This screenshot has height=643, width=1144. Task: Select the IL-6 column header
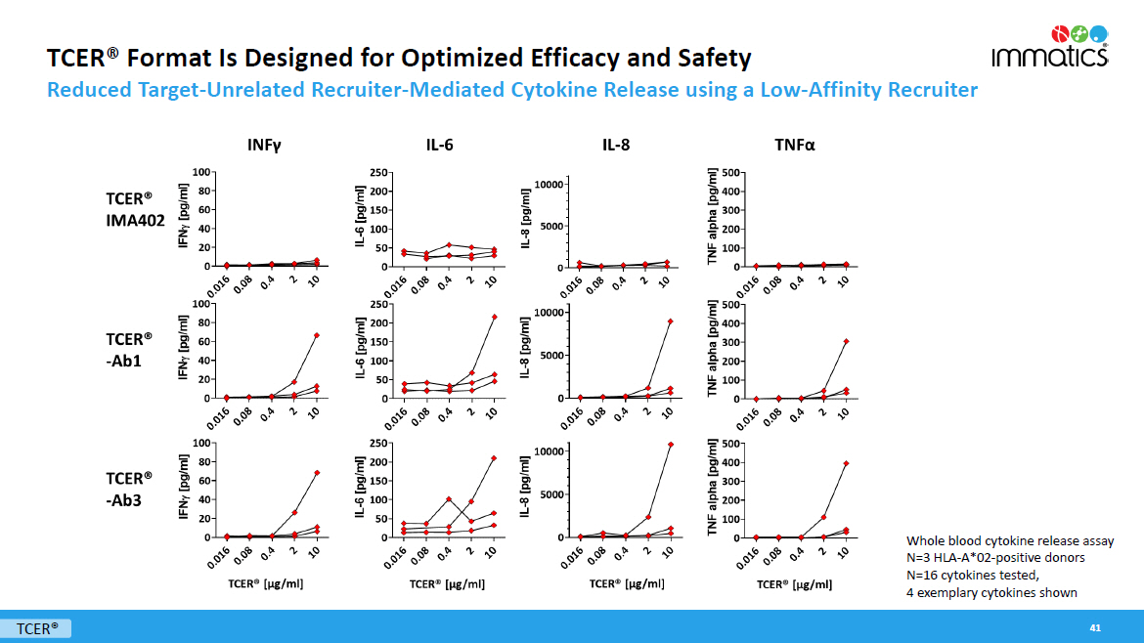click(x=439, y=146)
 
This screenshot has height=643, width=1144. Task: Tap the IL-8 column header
click(x=616, y=146)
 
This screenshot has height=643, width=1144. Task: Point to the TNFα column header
click(x=795, y=146)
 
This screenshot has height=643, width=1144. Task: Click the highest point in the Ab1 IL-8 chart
click(x=670, y=321)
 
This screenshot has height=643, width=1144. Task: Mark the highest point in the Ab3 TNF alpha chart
click(x=846, y=463)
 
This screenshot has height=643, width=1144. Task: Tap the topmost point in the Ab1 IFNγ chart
click(x=317, y=335)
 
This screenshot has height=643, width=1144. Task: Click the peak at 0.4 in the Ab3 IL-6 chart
click(x=449, y=499)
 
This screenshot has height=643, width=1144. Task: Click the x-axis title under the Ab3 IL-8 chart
click(x=627, y=583)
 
